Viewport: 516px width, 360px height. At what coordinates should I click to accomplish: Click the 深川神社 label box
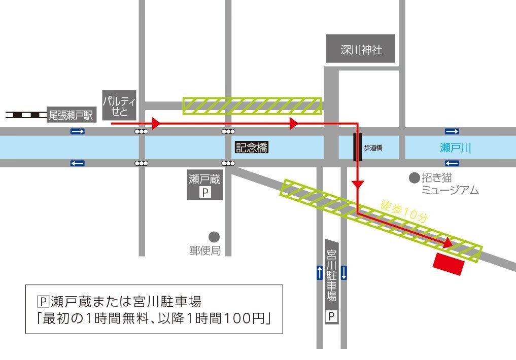[360, 49]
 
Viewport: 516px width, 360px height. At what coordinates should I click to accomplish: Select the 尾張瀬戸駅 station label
[71, 116]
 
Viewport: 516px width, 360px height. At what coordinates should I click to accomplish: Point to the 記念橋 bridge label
[251, 148]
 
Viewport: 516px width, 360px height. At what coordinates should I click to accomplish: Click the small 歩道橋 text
[372, 148]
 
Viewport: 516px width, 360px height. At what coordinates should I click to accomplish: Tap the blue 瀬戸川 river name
[455, 148]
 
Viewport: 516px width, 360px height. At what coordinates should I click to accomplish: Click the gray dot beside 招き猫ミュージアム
[415, 178]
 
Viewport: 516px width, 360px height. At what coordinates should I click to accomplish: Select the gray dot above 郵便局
[214, 237]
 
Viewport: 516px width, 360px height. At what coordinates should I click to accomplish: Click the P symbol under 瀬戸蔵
[205, 193]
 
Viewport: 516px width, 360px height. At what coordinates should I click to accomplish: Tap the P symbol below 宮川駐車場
[332, 317]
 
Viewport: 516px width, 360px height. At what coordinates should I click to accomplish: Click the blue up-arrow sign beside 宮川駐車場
[319, 273]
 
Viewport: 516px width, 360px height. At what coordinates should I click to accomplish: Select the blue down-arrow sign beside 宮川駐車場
[344, 273]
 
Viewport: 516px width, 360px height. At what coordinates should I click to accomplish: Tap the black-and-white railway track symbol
[25, 115]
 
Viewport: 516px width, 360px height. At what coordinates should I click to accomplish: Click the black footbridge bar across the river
[357, 147]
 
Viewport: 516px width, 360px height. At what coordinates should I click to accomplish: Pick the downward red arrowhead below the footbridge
[358, 186]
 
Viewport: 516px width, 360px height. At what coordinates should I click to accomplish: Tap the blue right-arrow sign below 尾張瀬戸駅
[78, 132]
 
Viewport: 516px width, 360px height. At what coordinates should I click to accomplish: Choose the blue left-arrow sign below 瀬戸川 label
[451, 163]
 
